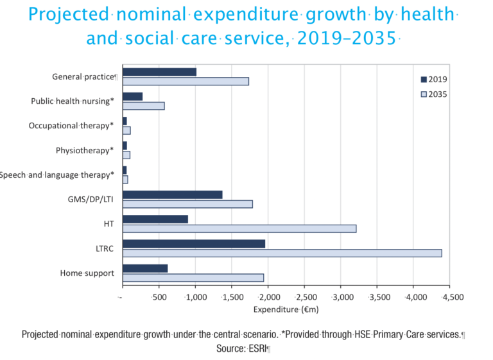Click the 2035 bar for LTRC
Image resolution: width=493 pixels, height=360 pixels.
pyautogui.click(x=282, y=253)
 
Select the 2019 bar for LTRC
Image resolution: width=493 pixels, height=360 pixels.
pyautogui.click(x=194, y=244)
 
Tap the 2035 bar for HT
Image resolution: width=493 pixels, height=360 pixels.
pyautogui.click(x=239, y=228)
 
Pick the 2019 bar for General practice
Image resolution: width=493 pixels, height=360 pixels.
pyautogui.click(x=159, y=72)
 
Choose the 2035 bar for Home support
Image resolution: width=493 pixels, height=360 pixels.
pyautogui.click(x=193, y=278)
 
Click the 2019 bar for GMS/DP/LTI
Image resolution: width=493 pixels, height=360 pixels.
pyautogui.click(x=172, y=194)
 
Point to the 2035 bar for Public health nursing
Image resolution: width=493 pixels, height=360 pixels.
pyautogui.click(x=143, y=106)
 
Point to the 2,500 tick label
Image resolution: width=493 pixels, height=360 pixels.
pyautogui.click(x=305, y=298)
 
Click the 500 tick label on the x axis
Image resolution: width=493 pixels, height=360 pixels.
pyautogui.click(x=159, y=298)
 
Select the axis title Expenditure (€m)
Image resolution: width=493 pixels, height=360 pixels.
pyautogui.click(x=286, y=309)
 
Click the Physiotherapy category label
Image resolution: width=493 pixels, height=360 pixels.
pyautogui.click(x=85, y=151)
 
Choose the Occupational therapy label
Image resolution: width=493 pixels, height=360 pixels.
pyautogui.click(x=71, y=126)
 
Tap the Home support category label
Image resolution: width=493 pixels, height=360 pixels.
pyautogui.click(x=87, y=273)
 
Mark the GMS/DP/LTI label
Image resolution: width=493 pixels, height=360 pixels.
pyautogui.click(x=91, y=200)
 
